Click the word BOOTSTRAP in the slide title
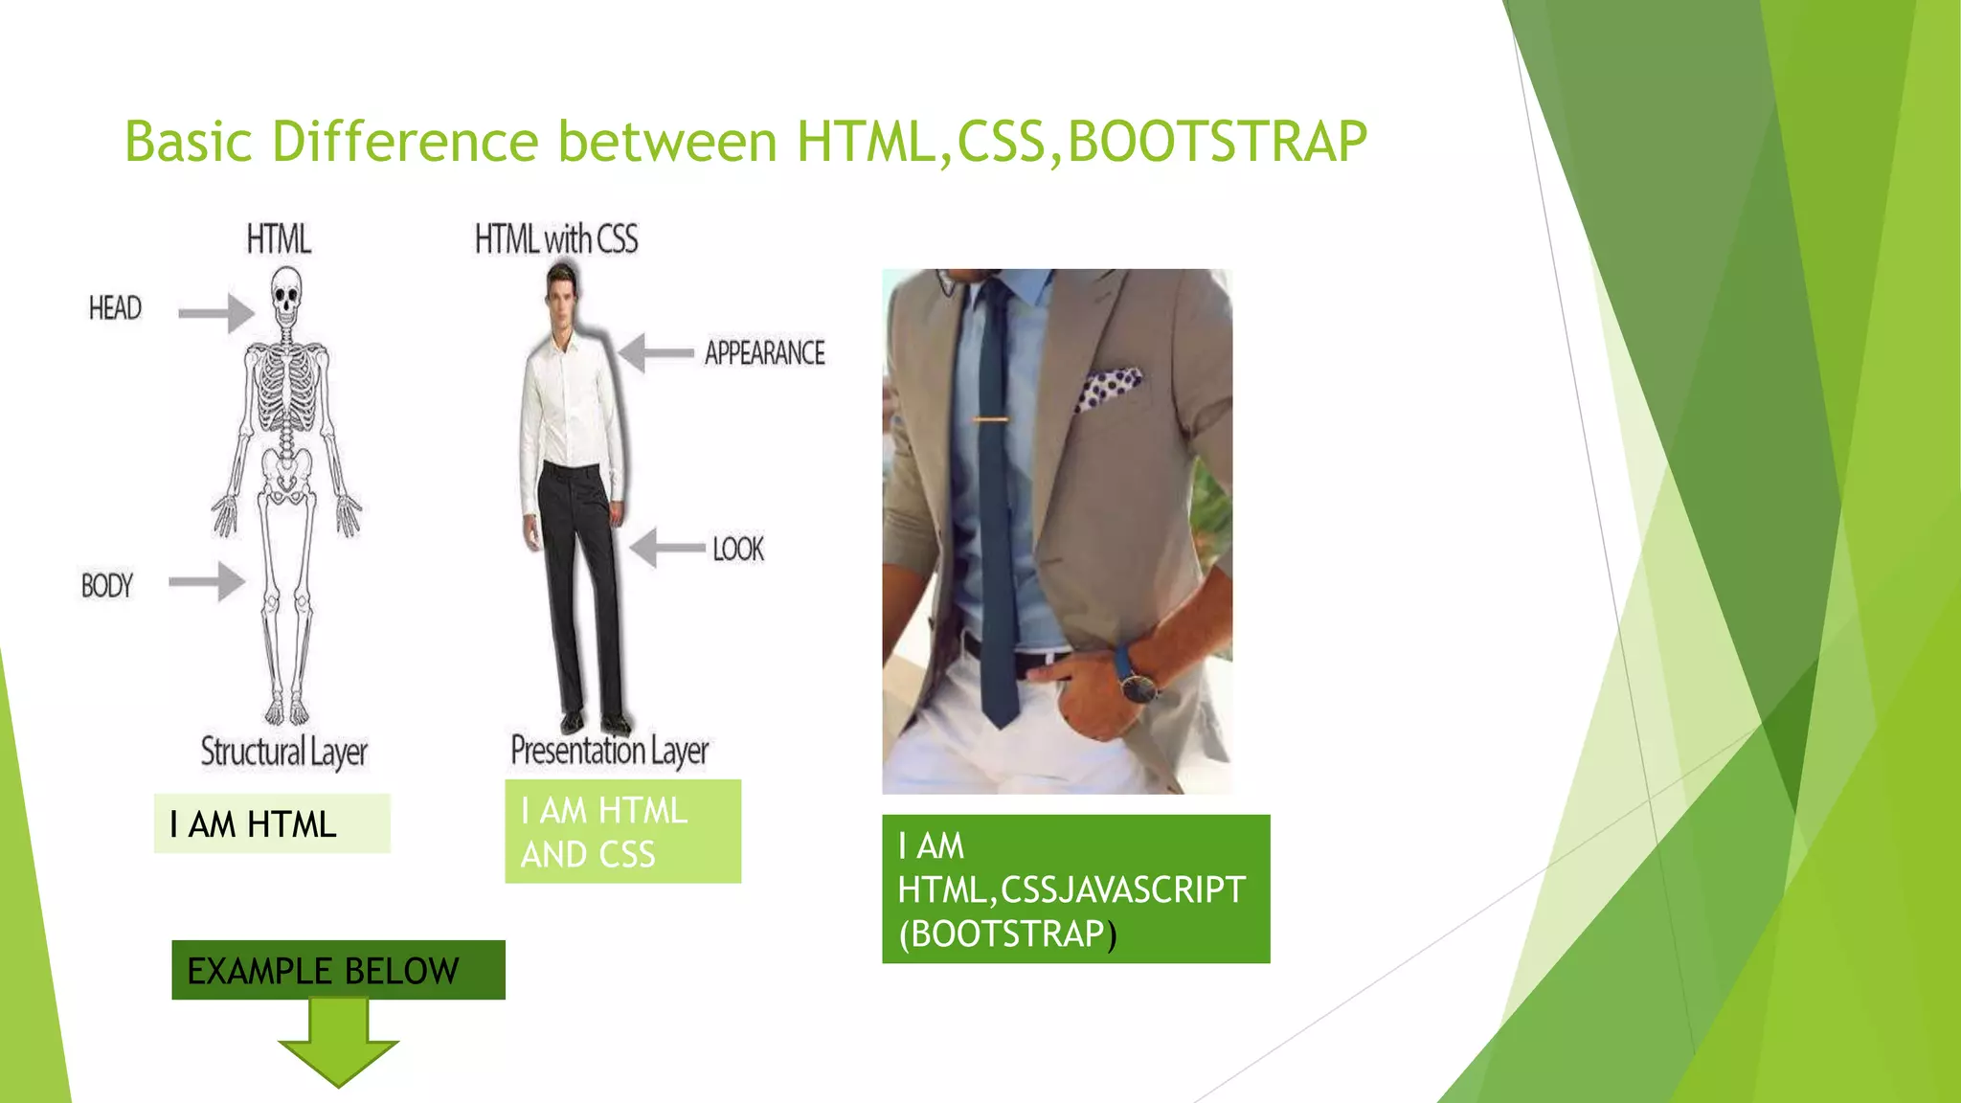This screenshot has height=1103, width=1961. (x=1216, y=142)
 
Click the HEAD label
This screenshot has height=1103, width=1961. (x=115, y=308)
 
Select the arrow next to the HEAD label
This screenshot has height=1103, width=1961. (x=216, y=313)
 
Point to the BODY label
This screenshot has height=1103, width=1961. (x=106, y=585)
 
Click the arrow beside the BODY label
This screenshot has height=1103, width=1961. (x=207, y=581)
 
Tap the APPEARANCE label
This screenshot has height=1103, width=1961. (x=764, y=353)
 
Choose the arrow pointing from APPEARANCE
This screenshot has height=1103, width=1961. (x=656, y=352)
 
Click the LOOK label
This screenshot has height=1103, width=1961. (x=738, y=549)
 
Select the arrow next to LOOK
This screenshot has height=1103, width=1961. (x=667, y=548)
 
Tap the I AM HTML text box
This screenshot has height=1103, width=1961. (x=272, y=823)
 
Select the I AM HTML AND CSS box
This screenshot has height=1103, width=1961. (x=622, y=831)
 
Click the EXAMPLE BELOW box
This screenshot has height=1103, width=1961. (x=338, y=970)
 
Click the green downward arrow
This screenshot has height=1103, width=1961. (x=338, y=1044)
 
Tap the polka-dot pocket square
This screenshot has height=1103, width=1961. (x=1107, y=388)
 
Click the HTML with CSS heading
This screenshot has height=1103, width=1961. (x=556, y=239)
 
